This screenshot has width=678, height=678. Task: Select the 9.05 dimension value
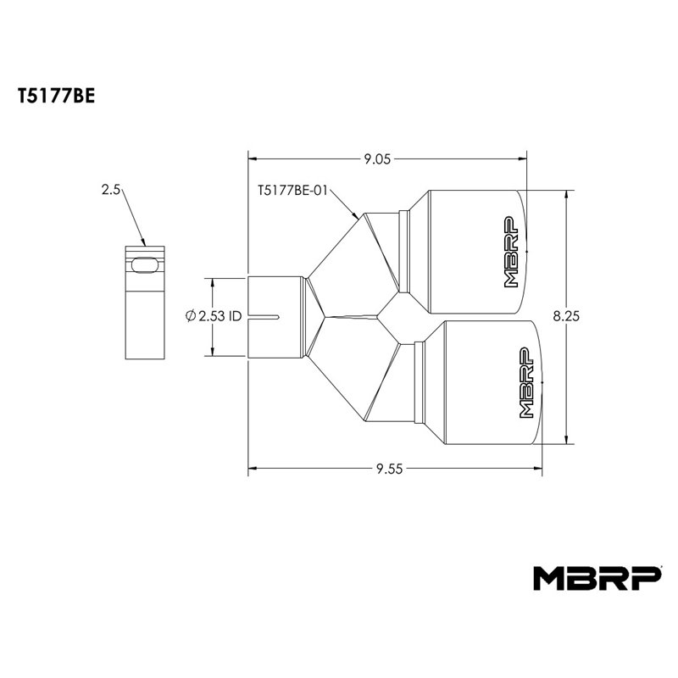coord(378,158)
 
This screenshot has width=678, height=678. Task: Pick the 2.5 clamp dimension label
coord(110,191)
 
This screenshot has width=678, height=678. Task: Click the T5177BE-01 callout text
coord(292,191)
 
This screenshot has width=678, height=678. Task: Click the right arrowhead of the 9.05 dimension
coord(523,158)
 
